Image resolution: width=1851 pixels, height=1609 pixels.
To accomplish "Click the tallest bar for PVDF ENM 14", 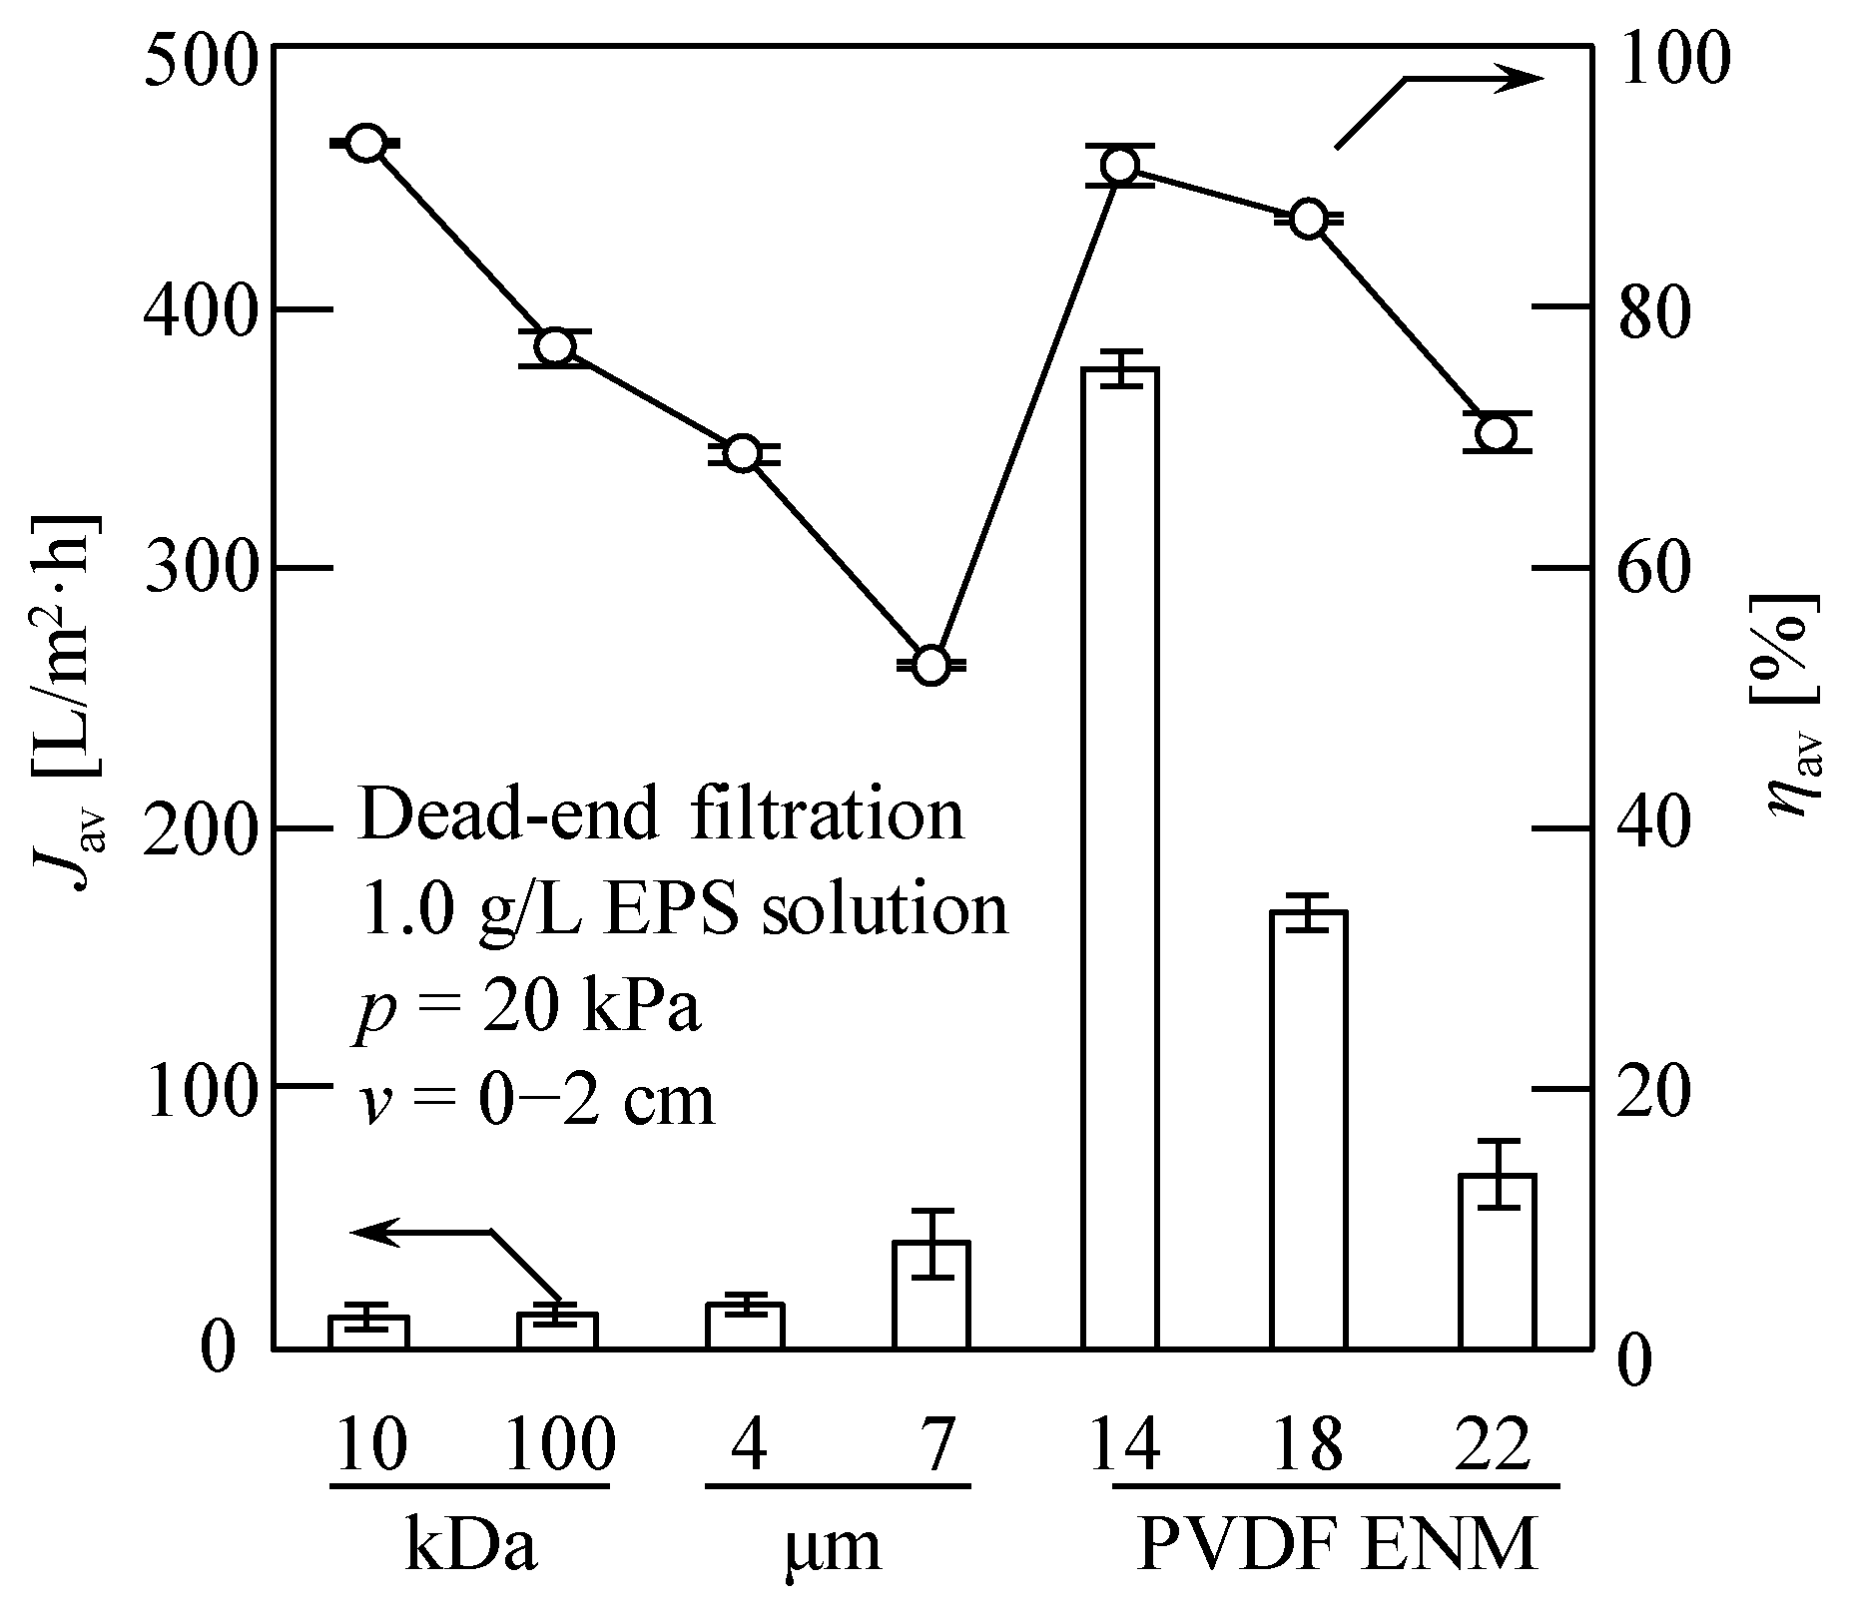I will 1119,858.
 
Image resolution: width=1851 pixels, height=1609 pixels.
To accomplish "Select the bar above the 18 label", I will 1309,1128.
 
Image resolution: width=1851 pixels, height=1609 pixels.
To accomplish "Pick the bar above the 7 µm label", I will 930,1295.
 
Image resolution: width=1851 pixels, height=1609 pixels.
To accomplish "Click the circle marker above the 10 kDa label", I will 365,143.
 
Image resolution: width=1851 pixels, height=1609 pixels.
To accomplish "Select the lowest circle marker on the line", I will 930,665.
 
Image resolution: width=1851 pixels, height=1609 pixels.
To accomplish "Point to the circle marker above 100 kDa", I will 555,346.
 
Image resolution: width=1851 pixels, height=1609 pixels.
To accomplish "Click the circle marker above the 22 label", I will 1498,432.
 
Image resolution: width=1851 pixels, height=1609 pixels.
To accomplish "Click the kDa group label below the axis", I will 471,1546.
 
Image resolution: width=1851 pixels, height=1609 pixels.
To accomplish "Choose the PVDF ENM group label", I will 1337,1546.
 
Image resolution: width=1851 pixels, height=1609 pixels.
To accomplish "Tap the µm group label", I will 834,1546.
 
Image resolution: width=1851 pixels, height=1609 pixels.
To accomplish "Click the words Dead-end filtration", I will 661,813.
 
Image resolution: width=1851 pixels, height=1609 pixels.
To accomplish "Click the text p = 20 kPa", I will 527,1006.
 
